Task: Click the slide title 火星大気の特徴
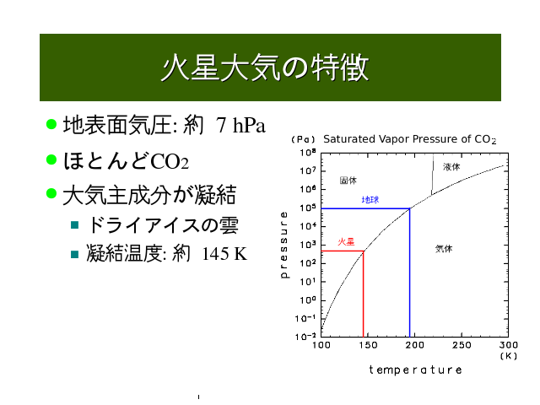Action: (265, 67)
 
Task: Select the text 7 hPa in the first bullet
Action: (240, 125)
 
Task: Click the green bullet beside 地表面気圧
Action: (51, 124)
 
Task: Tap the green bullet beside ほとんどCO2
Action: (51, 159)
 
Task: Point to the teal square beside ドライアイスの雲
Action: (75, 225)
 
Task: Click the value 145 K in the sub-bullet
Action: (224, 254)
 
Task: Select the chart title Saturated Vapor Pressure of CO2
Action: (409, 139)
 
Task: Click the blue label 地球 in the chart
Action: (370, 200)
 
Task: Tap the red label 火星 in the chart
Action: (346, 242)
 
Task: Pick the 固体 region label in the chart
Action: (348, 181)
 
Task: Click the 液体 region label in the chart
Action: (451, 167)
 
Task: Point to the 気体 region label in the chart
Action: (444, 249)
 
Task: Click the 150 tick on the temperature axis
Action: (368, 345)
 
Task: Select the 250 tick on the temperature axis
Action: (462, 345)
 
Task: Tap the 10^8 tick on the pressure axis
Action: (307, 153)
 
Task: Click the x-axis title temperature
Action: (415, 370)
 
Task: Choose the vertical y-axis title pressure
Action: (284, 245)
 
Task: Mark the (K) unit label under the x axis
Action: (509, 356)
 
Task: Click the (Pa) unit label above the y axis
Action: (304, 139)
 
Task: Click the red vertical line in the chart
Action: (364, 294)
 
